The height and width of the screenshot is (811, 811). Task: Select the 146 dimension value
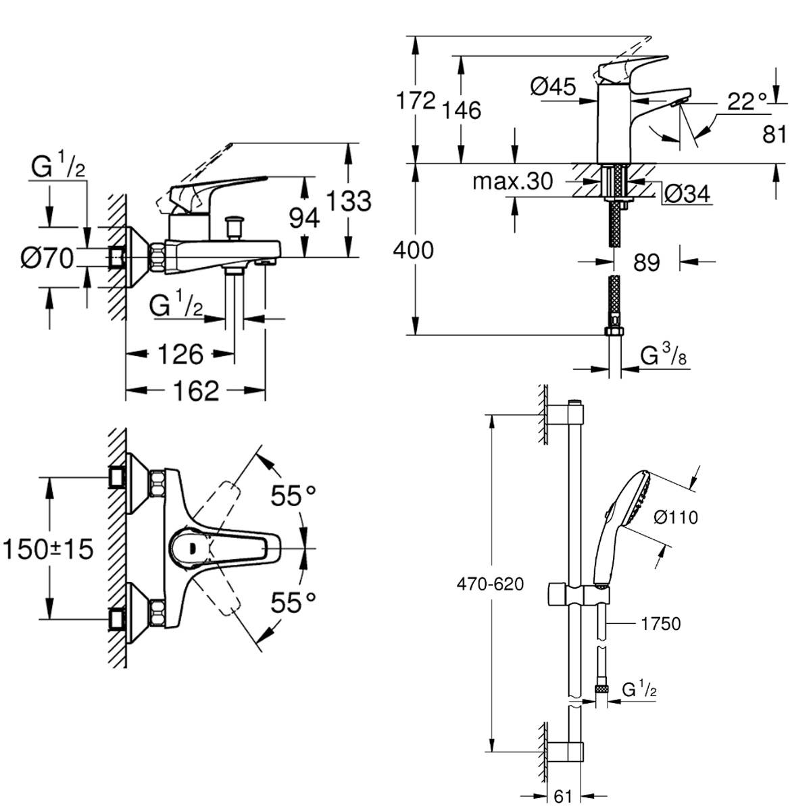[x=463, y=109]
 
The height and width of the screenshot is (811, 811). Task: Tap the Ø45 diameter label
[x=553, y=87]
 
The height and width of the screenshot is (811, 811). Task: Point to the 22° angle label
[x=748, y=102]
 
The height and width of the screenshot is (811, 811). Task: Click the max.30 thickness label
[x=512, y=180]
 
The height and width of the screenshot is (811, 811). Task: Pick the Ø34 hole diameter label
[x=687, y=194]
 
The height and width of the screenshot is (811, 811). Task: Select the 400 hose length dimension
[x=413, y=250]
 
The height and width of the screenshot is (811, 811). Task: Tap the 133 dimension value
[x=349, y=201]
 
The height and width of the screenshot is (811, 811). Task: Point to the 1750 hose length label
[x=660, y=624]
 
